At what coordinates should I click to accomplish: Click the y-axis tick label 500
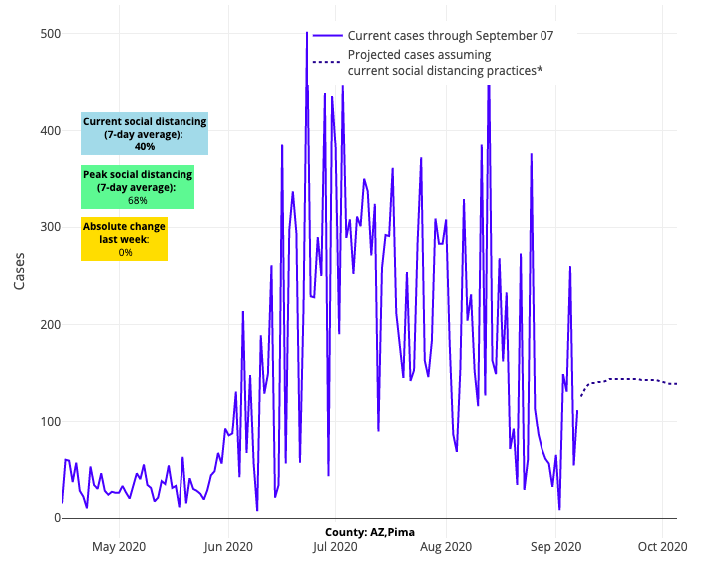pos(50,34)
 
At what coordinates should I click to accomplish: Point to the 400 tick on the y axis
pos(50,131)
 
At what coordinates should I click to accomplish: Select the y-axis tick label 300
pos(50,227)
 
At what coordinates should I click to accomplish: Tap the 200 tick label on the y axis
pos(50,325)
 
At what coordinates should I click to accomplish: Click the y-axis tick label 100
pos(50,422)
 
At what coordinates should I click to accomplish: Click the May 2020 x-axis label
pos(119,546)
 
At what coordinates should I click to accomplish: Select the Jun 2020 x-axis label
pos(228,546)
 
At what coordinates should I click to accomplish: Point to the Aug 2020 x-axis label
pos(446,546)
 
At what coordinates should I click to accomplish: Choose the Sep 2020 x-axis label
pos(555,546)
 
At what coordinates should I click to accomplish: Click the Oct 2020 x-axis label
pos(663,546)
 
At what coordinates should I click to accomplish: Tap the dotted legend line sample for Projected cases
pos(327,62)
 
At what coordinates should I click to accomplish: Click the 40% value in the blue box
pos(145,146)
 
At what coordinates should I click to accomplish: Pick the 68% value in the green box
pos(138,200)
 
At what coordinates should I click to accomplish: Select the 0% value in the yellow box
pos(125,252)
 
